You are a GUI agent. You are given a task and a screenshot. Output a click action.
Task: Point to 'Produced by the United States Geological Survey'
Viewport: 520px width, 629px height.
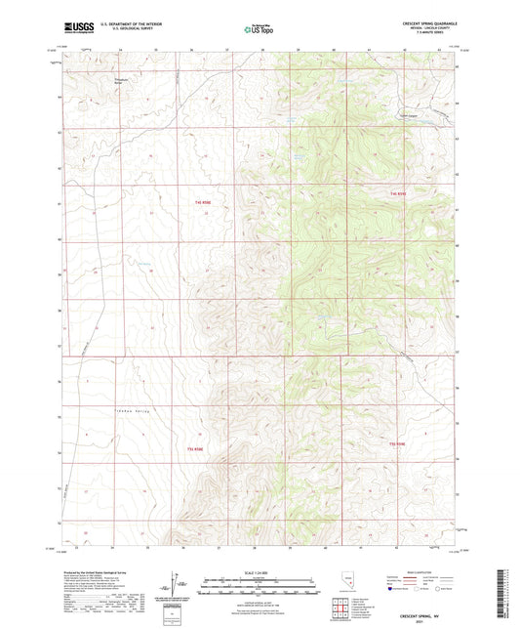[98, 571]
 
